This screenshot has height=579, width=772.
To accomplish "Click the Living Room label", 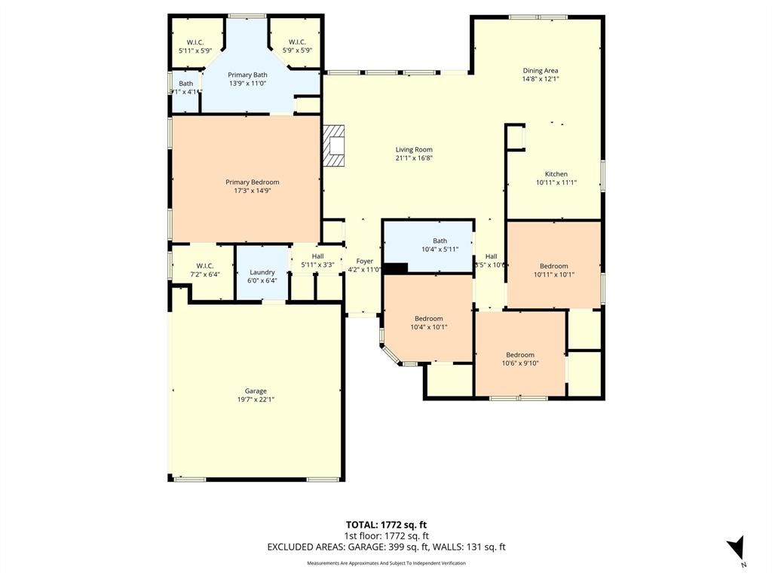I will (414, 149).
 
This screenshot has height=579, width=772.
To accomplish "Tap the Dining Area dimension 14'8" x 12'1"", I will (540, 78).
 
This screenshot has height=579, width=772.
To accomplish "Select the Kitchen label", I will (556, 174).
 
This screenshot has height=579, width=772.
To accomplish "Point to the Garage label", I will (256, 391).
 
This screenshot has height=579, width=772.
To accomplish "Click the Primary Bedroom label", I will (252, 182).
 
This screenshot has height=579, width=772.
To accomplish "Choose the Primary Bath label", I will (247, 75).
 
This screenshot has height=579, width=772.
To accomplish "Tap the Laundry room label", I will (262, 272).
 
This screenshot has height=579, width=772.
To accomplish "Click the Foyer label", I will (364, 261).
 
